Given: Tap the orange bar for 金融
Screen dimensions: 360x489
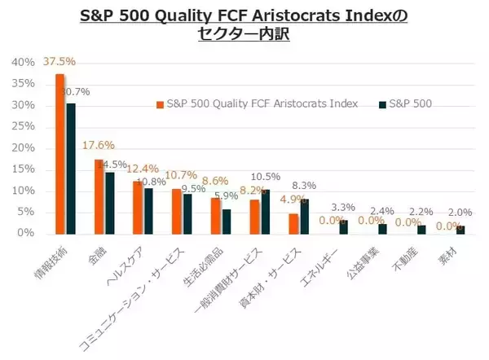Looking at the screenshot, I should click(x=99, y=195).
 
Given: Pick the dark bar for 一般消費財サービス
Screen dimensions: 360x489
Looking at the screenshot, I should click(x=266, y=211).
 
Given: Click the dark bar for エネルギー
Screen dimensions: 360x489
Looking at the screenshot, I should click(x=343, y=226).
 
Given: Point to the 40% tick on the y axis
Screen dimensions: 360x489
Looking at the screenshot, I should click(x=22, y=63).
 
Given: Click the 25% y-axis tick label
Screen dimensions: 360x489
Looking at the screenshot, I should click(x=22, y=126).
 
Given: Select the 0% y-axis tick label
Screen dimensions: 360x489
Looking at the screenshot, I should click(x=25, y=233).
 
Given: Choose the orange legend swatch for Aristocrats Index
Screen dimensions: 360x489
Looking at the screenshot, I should click(x=160, y=104).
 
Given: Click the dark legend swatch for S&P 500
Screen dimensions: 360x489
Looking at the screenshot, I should click(x=382, y=104).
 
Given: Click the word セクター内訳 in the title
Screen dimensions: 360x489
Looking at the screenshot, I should click(x=244, y=34).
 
